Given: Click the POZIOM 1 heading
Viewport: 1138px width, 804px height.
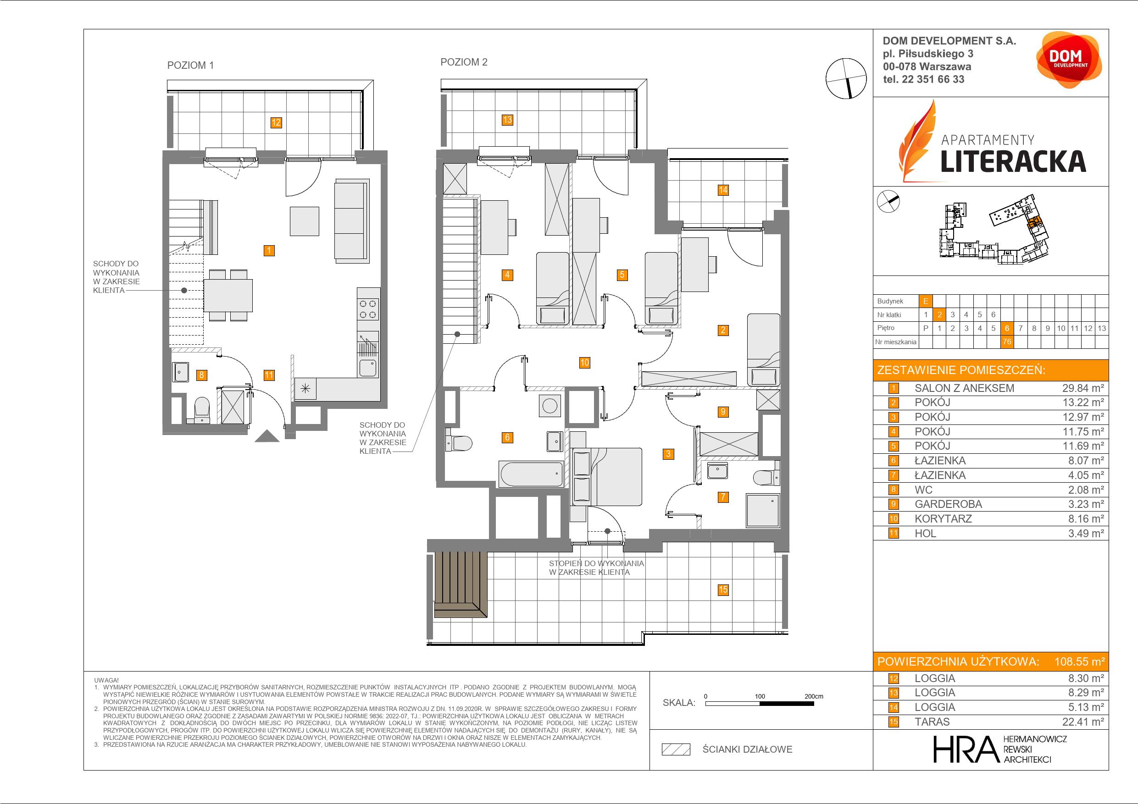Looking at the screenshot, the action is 190,66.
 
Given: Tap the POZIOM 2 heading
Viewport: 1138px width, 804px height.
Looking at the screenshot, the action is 464,62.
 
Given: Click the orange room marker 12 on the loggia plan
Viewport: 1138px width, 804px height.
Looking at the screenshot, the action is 276,122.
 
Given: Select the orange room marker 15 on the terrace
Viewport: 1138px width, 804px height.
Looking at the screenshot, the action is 723,589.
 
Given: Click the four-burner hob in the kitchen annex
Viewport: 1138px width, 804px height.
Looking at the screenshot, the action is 368,309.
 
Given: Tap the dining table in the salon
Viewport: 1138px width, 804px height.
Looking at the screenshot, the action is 228,296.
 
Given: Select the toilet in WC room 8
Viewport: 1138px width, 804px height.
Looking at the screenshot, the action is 202,410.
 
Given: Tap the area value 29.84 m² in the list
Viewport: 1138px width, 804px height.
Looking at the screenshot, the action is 1083,388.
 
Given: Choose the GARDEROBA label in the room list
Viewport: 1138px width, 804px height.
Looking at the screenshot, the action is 948,504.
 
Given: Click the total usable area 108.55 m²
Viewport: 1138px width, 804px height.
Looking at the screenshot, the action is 1079,662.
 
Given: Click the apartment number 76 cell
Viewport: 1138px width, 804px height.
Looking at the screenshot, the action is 1007,342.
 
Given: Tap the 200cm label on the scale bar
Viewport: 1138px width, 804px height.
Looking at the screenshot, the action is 813,696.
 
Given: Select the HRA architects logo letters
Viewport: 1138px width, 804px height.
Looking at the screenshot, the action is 965,749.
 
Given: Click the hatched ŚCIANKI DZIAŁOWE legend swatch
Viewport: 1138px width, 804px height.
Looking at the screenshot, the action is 676,749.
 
